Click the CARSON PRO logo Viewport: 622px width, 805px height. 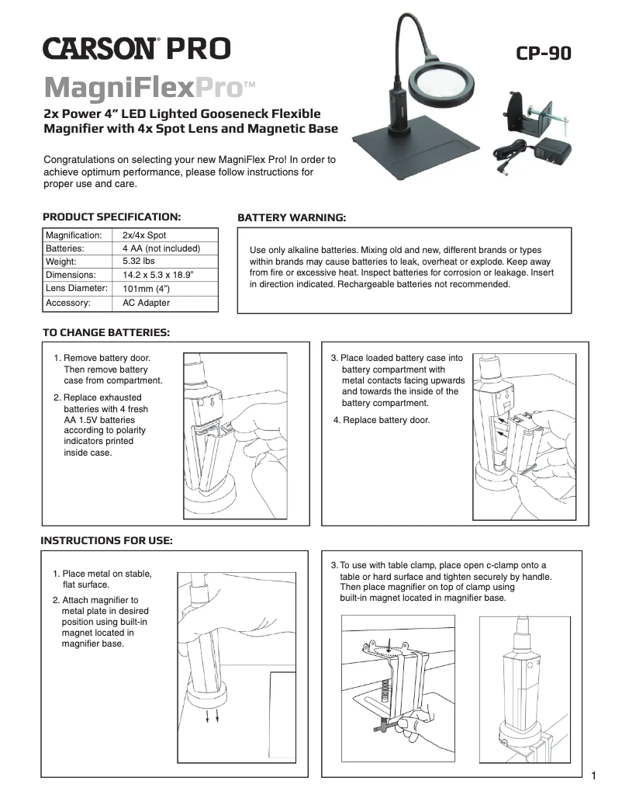tap(136, 48)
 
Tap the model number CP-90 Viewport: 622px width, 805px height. tap(544, 53)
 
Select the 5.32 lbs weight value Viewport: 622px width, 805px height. tap(139, 262)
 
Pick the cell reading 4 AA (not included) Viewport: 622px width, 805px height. tap(161, 248)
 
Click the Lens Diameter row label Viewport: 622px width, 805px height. tap(76, 289)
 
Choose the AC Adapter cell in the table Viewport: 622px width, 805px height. tap(146, 303)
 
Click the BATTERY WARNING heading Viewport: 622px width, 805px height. tap(291, 217)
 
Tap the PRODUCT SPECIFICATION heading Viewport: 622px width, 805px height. tap(112, 216)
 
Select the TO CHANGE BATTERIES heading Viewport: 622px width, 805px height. tap(105, 332)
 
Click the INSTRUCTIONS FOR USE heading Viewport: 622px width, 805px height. tap(106, 540)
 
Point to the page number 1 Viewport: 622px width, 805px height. tap(593, 776)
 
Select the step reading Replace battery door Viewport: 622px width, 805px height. tap(382, 420)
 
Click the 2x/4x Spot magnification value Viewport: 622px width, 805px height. tap(144, 235)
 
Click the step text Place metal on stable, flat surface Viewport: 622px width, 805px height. tap(102, 579)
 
